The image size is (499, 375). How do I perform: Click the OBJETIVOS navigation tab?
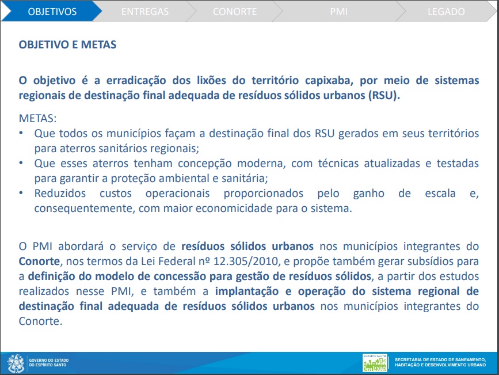(x=52, y=12)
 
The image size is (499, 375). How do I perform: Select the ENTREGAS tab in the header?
(x=145, y=12)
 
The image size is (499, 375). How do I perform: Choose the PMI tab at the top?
(x=339, y=12)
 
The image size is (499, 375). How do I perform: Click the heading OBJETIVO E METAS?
(x=68, y=44)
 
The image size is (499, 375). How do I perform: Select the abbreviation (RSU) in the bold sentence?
(x=383, y=95)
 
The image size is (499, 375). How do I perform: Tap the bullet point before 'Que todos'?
(x=21, y=134)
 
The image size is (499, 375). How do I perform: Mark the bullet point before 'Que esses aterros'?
(x=21, y=164)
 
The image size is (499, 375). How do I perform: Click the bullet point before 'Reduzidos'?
(x=21, y=194)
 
